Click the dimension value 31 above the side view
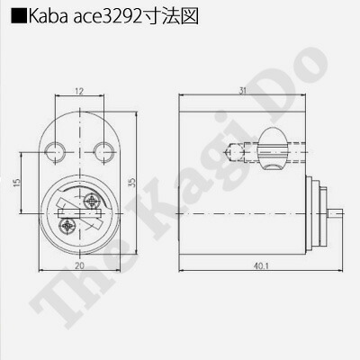pos(243,90)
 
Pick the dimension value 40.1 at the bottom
pos(260,267)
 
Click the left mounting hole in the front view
pos(57,148)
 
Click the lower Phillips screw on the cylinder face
pos(68,229)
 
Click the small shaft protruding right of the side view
pos(336,215)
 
